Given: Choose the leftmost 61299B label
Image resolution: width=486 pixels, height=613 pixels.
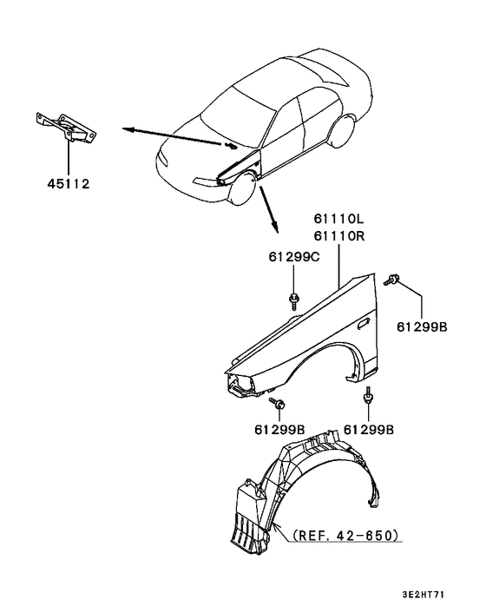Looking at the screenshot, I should [280, 429].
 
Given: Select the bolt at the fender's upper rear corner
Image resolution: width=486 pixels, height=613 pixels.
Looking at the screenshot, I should [395, 279].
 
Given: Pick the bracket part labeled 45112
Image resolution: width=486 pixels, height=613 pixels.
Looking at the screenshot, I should [66, 129].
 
